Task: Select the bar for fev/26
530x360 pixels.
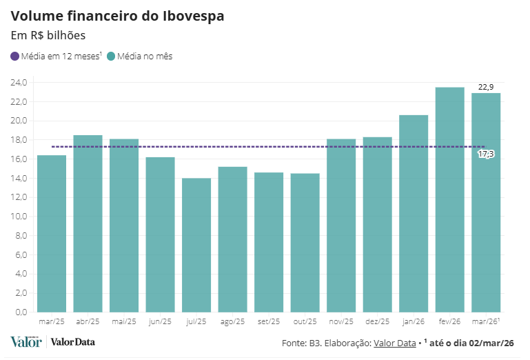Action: click(449, 200)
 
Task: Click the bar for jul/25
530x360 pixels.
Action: click(196, 245)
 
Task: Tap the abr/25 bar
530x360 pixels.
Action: click(88, 223)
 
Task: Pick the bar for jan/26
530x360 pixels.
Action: click(414, 214)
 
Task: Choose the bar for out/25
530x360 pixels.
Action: click(305, 243)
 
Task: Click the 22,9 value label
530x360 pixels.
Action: click(486, 87)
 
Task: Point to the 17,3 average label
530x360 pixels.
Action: click(486, 154)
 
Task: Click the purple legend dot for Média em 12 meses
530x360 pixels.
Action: click(15, 57)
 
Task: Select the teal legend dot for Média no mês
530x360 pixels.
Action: click(112, 57)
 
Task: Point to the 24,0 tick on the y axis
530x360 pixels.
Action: click(19, 83)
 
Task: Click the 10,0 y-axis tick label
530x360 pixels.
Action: click(19, 217)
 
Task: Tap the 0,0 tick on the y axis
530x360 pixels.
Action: click(21, 312)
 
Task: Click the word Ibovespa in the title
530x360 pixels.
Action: click(189, 15)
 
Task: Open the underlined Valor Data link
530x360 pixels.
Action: click(395, 343)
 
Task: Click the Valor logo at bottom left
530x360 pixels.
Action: click(26, 342)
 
